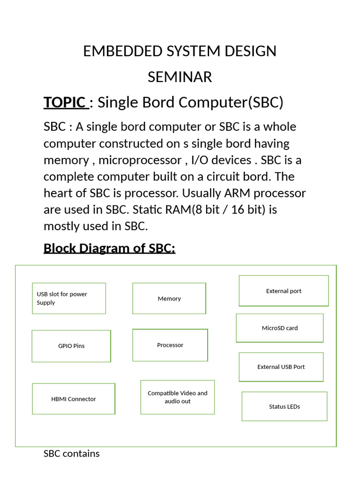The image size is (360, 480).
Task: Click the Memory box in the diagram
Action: tap(169, 299)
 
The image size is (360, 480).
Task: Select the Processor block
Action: tap(170, 345)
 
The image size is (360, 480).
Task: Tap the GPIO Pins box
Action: tap(71, 346)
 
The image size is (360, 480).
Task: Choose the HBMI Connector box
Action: tap(74, 399)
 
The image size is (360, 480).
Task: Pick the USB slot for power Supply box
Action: tap(69, 298)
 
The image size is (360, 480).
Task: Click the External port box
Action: tap(284, 291)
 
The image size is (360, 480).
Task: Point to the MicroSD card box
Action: tap(280, 328)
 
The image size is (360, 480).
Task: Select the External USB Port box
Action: tap(281, 367)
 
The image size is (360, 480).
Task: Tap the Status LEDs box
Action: tap(285, 406)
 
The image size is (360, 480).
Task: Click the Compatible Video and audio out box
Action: tap(178, 397)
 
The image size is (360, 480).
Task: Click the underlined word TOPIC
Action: tap(65, 102)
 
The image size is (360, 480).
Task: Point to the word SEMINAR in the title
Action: tap(180, 77)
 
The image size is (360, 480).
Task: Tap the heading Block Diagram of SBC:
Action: tap(109, 248)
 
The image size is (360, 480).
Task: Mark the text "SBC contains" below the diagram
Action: tap(72, 454)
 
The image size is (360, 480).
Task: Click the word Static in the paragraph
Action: tap(157, 210)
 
